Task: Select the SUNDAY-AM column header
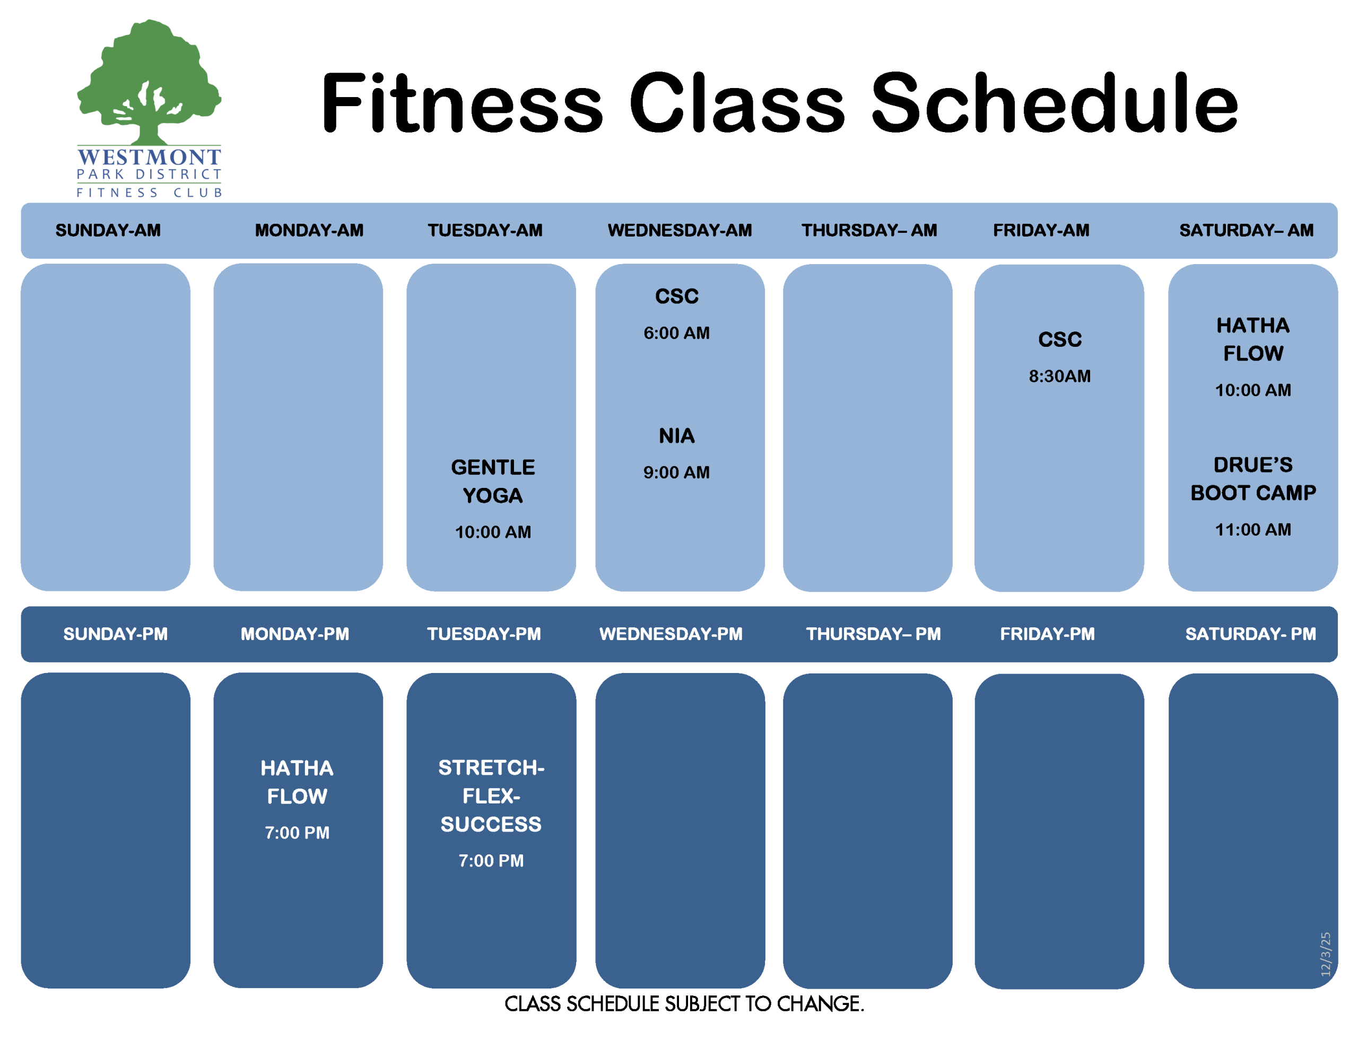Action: pyautogui.click(x=108, y=230)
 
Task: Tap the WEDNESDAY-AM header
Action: pyautogui.click(x=680, y=230)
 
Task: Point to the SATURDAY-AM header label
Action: pyautogui.click(x=1246, y=230)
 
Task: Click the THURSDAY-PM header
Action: pyautogui.click(x=873, y=634)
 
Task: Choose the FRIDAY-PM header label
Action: pyautogui.click(x=1047, y=634)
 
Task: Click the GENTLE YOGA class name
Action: pyautogui.click(x=492, y=482)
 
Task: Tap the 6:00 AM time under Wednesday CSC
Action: pyautogui.click(x=676, y=333)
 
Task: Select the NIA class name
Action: pyautogui.click(x=676, y=436)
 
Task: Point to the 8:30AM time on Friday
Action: pyautogui.click(x=1059, y=375)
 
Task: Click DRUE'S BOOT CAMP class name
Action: pyautogui.click(x=1253, y=479)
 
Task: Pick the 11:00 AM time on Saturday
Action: pyautogui.click(x=1253, y=529)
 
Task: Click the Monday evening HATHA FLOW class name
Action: pyautogui.click(x=297, y=782)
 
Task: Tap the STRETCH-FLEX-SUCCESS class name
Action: pyautogui.click(x=491, y=796)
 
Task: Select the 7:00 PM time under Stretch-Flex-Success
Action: pyautogui.click(x=491, y=861)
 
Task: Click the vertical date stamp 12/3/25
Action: pyautogui.click(x=1325, y=954)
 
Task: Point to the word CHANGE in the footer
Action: pyautogui.click(x=820, y=1003)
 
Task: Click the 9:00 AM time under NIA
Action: pyautogui.click(x=676, y=472)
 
